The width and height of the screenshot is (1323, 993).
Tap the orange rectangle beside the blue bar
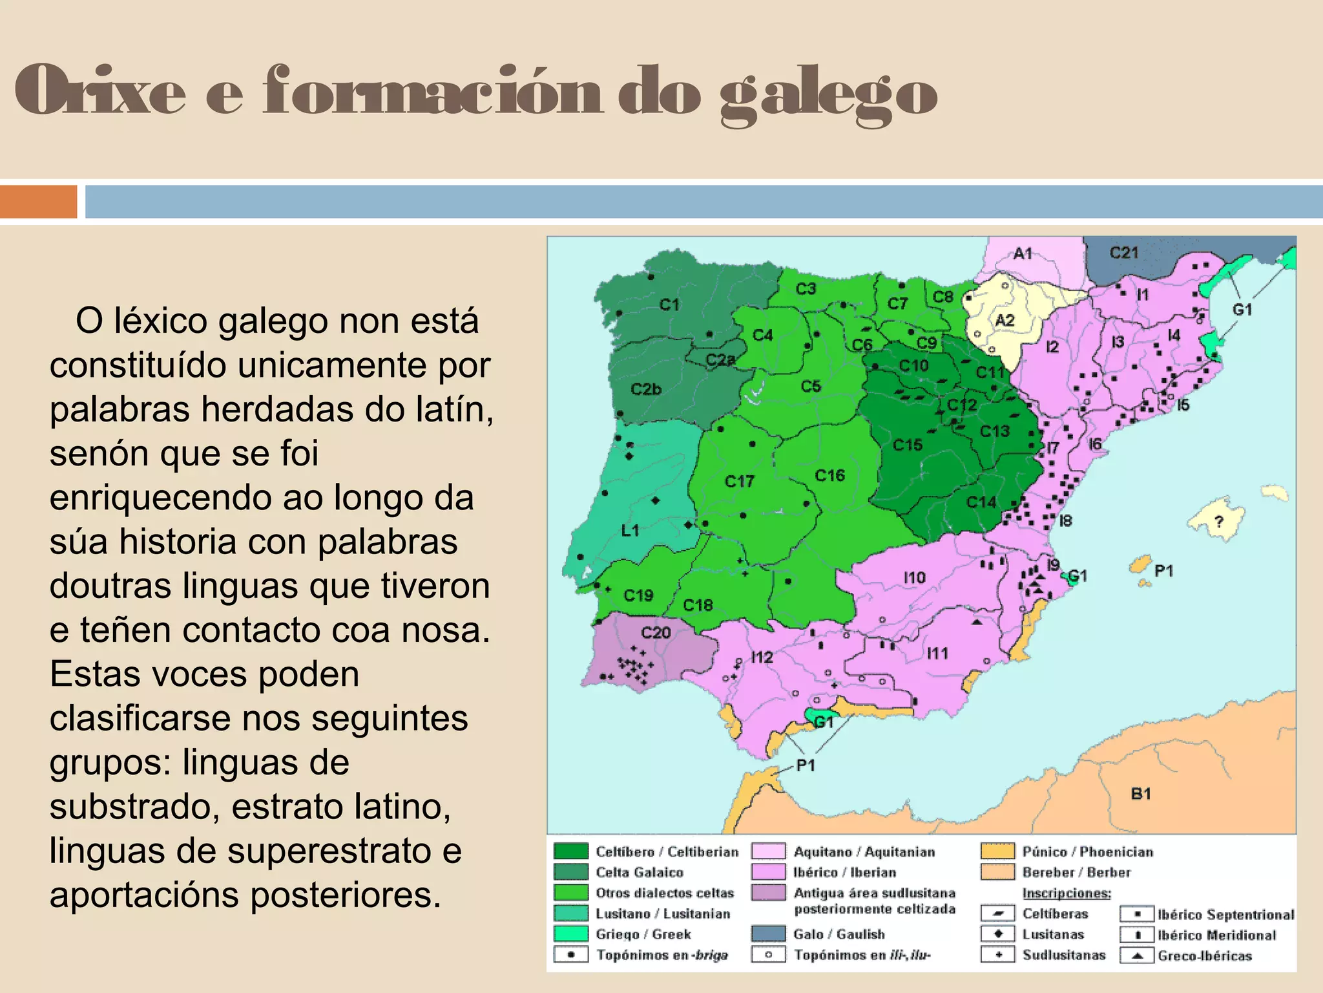[38, 202]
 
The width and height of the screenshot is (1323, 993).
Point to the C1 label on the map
[669, 304]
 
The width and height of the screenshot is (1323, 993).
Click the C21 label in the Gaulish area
[1123, 253]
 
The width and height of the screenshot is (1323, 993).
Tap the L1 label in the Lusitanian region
[630, 530]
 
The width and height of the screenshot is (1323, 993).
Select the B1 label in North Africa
[1141, 793]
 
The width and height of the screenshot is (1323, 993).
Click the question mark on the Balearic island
[1218, 521]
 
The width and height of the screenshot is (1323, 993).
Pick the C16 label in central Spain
[829, 475]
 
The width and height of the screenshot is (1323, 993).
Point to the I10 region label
[914, 577]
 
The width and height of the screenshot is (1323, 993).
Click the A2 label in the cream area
[1005, 320]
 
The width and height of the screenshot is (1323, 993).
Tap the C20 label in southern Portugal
[656, 632]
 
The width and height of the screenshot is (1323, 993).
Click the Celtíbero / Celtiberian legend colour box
[571, 851]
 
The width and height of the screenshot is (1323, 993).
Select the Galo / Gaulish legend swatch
[768, 934]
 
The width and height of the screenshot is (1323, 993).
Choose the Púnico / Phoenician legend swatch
[997, 851]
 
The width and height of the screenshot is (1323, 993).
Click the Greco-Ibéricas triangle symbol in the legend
[1137, 955]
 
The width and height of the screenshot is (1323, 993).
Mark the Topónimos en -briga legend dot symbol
[571, 954]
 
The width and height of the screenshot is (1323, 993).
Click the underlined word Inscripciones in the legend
[1067, 893]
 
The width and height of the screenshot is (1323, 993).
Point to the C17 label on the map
[739, 481]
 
